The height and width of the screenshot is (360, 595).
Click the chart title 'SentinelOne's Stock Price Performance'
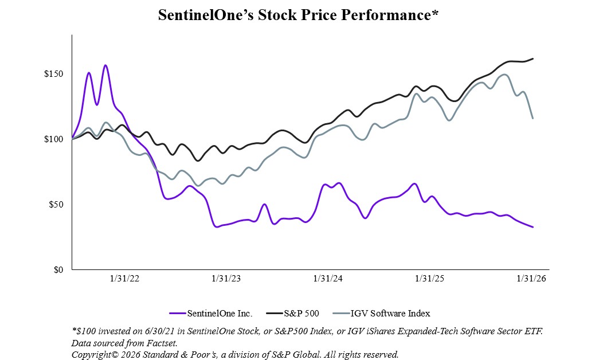pyautogui.click(x=297, y=15)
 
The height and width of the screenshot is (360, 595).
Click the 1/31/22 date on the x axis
pyautogui.click(x=124, y=279)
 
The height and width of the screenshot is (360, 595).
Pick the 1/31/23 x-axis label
pyautogui.click(x=226, y=279)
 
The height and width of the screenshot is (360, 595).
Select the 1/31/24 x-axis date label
pyautogui.click(x=328, y=279)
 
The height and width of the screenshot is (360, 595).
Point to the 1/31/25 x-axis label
pyautogui.click(x=430, y=279)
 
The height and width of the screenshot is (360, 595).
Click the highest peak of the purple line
pyautogui.click(x=105, y=65)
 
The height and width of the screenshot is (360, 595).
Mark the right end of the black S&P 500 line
pyautogui.click(x=533, y=58)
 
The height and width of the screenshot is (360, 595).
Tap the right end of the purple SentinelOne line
pyautogui.click(x=533, y=227)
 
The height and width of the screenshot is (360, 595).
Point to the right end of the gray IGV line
pyautogui.click(x=533, y=118)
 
